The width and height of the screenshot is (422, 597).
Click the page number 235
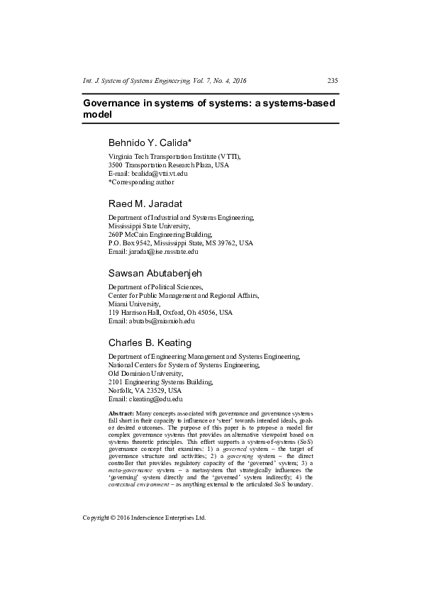333,80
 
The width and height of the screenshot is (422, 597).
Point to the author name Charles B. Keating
149,342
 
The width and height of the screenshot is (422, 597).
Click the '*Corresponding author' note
140,182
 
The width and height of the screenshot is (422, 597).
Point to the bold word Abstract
121,412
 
